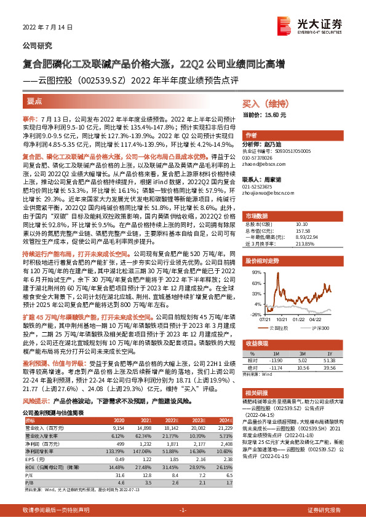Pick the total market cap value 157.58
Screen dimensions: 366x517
(301, 230)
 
